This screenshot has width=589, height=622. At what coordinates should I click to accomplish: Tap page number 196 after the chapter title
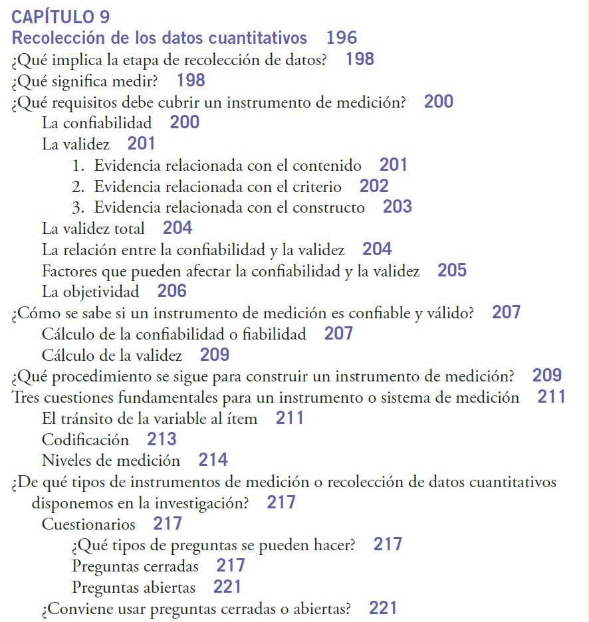point(342,38)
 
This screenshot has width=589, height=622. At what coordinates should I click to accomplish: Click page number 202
point(374,186)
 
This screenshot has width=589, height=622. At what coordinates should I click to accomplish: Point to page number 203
point(398,207)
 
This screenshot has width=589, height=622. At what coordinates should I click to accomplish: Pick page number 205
point(452,270)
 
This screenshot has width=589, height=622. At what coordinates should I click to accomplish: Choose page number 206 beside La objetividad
point(172,291)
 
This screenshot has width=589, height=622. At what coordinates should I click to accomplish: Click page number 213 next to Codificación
point(162,439)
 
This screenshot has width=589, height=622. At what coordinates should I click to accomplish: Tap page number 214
point(213,460)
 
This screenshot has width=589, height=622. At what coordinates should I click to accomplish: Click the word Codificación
point(85,440)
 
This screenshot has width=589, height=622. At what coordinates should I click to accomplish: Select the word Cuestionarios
point(88,524)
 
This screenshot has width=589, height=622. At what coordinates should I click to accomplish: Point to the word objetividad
point(102,292)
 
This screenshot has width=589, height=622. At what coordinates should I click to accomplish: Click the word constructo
point(332,207)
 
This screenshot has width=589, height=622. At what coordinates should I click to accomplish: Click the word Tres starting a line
point(26,398)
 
